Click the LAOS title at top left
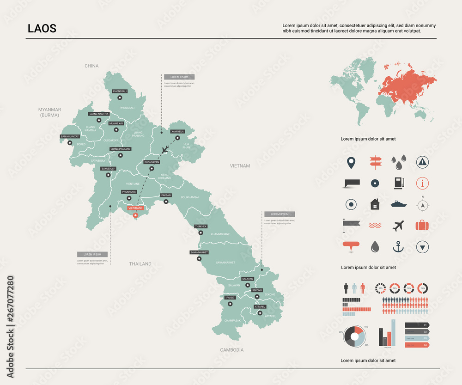click(x=42, y=28)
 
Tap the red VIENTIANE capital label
click(x=135, y=208)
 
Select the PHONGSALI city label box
click(x=120, y=92)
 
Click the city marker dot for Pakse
click(x=230, y=304)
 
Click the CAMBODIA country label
click(x=231, y=350)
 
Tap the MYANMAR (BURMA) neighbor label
click(x=50, y=112)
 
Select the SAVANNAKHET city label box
click(x=200, y=253)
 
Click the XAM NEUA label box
click(x=177, y=132)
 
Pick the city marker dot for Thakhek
click(x=201, y=232)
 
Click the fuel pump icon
click(x=398, y=183)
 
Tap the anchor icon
click(x=398, y=247)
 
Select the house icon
click(x=374, y=204)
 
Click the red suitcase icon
click(x=422, y=226)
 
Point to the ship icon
click(x=398, y=204)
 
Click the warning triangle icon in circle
click(x=422, y=161)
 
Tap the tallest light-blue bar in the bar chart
click(x=394, y=333)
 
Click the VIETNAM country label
click(x=240, y=165)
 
